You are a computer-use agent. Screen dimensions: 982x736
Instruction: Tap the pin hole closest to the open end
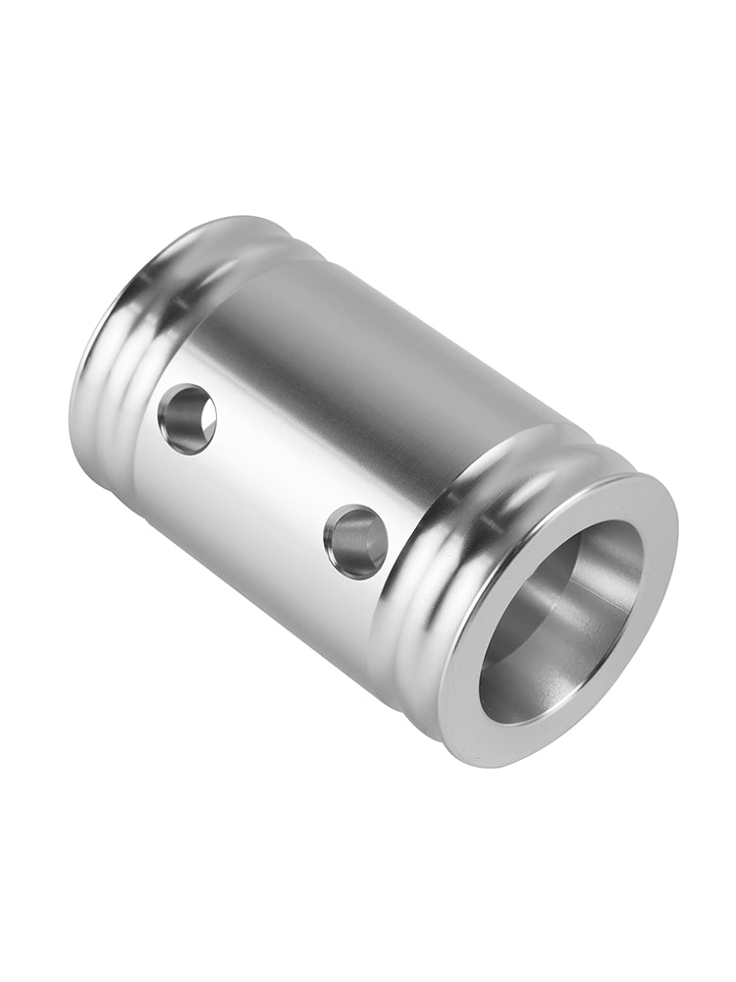pyautogui.click(x=355, y=541)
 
